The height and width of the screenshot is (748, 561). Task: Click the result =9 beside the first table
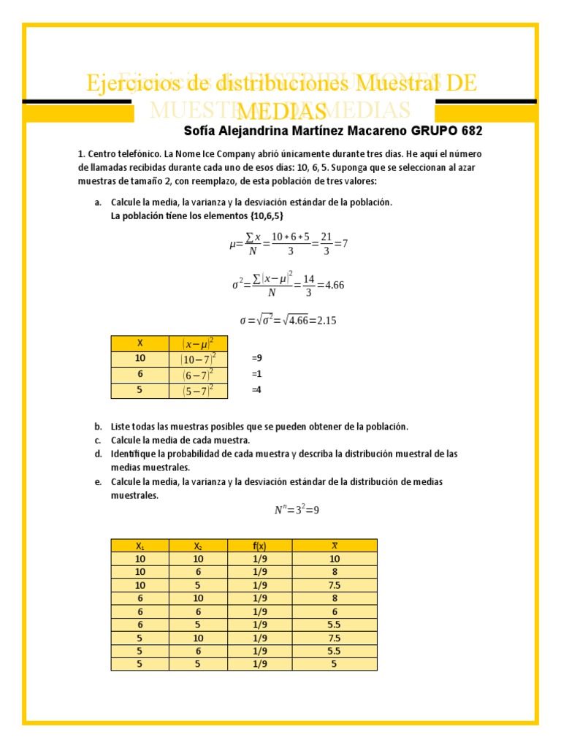(256, 359)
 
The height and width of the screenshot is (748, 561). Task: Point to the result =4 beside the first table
(256, 390)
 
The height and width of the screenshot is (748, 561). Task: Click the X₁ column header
(140, 546)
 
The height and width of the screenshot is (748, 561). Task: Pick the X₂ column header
(198, 546)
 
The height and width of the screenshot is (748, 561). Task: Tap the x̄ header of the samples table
(335, 546)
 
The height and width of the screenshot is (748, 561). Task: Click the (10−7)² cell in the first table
(197, 359)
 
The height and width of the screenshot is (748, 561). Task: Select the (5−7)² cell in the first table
(197, 391)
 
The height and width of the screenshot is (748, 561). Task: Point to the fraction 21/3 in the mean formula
(327, 244)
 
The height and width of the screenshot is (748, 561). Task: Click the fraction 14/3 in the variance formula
(309, 285)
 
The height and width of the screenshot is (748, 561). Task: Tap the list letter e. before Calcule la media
(98, 482)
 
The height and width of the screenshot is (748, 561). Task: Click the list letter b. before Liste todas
(98, 427)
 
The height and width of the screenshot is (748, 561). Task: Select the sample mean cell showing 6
(335, 611)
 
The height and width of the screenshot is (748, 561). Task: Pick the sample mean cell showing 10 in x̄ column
(335, 559)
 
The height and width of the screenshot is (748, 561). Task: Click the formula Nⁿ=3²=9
(297, 511)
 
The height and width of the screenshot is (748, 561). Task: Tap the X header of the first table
(140, 343)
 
